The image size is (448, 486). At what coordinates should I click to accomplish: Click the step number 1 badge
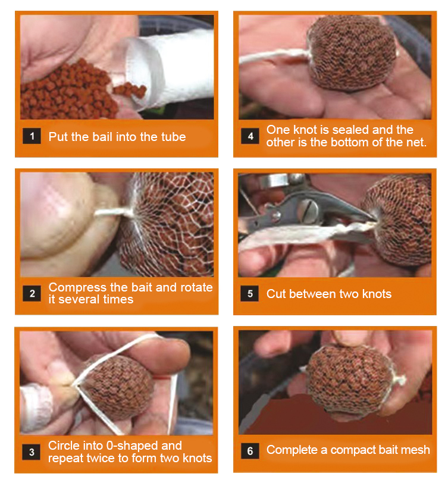(x=32, y=136)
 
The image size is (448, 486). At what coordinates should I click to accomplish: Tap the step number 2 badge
(x=32, y=293)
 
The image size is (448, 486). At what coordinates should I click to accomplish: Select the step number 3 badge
(x=32, y=452)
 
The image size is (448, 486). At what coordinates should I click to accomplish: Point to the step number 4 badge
(x=250, y=136)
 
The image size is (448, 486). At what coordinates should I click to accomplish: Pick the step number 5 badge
(x=249, y=294)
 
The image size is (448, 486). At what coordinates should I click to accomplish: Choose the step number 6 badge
(x=250, y=451)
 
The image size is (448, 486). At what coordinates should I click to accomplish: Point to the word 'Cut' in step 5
(x=276, y=294)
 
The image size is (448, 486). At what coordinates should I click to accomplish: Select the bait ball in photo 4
(x=352, y=53)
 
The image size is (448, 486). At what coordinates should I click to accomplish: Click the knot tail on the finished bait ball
(x=399, y=378)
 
